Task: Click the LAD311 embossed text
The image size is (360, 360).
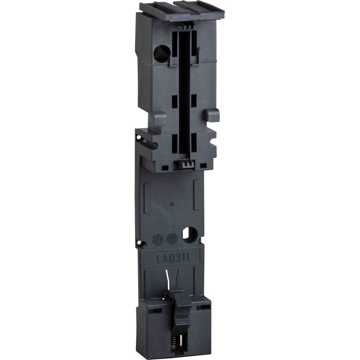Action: [x=172, y=258]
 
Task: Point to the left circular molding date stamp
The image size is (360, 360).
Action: [x=158, y=239]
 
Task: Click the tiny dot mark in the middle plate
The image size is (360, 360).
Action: [x=173, y=204]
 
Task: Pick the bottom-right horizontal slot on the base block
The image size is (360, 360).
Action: [x=205, y=307]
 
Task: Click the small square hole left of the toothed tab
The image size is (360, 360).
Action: [x=165, y=167]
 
